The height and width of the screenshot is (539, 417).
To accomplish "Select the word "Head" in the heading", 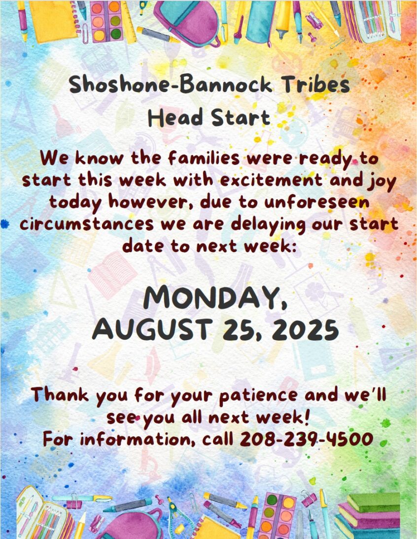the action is (x=175, y=118).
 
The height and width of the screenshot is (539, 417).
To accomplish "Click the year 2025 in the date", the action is (x=305, y=329).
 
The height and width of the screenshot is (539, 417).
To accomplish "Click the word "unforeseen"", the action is (x=317, y=203).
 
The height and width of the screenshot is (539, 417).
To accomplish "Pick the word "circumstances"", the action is (x=87, y=224).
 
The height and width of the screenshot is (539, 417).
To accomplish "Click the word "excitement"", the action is (x=272, y=181).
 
